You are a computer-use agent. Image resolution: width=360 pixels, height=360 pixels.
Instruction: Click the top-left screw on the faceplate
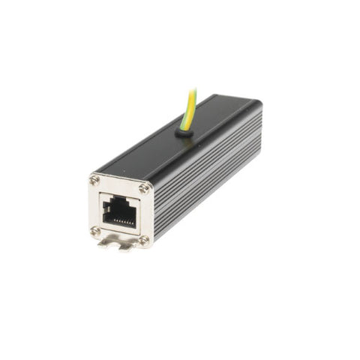95,180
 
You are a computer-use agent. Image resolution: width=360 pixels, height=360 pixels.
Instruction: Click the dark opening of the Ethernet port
118,211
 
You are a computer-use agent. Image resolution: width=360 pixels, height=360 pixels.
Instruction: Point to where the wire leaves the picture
193,88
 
